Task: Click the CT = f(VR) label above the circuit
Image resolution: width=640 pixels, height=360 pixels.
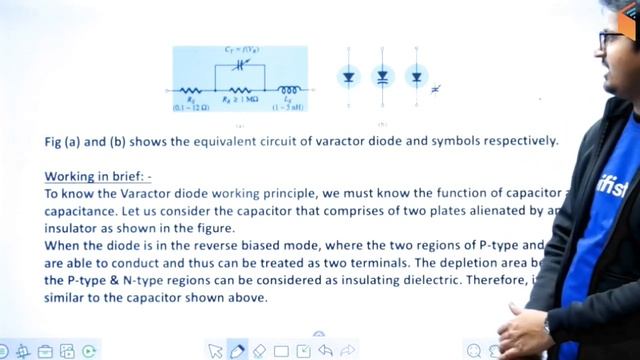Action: coord(236,49)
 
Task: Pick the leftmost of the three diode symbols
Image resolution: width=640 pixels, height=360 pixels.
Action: coord(348,76)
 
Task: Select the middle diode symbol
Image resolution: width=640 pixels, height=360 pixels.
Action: coord(383,76)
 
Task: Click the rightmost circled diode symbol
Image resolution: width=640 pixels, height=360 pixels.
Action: coord(416,76)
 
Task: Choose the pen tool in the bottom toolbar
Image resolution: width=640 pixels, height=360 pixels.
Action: coord(237,350)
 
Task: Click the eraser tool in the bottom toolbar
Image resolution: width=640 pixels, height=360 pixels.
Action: coord(259,350)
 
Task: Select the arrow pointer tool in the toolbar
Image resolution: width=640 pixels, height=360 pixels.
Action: coord(215,350)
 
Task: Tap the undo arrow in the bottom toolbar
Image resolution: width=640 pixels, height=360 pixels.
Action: coord(325,350)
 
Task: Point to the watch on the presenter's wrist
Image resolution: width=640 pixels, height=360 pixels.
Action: coord(547,326)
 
